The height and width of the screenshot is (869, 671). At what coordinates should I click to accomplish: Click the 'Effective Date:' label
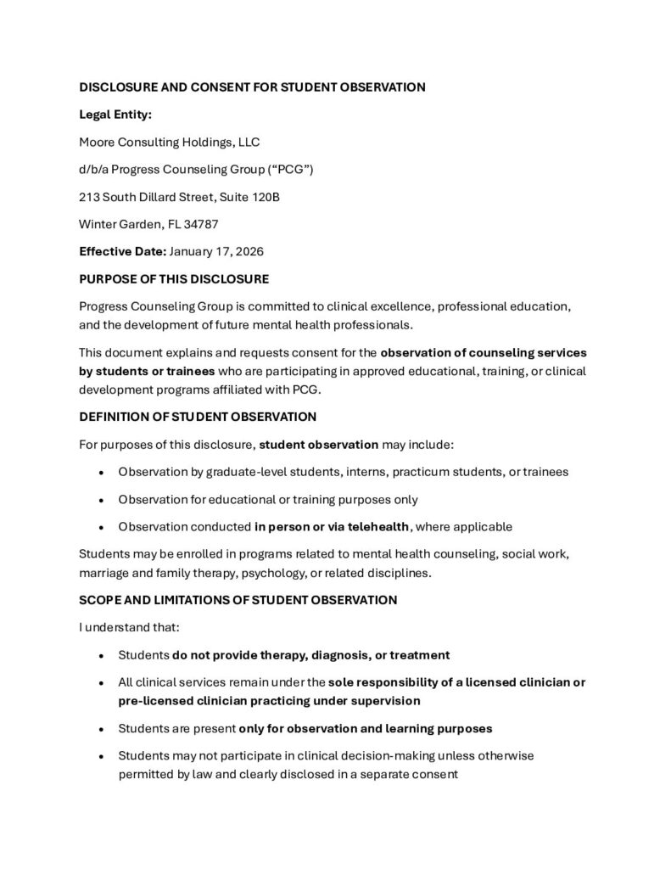(122, 251)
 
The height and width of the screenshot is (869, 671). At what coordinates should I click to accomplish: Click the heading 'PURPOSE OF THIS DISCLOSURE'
(174, 278)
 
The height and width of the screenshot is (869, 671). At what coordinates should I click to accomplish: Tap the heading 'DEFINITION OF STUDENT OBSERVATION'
(198, 417)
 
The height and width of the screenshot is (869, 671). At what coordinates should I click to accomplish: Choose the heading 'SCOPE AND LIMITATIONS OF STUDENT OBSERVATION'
(238, 600)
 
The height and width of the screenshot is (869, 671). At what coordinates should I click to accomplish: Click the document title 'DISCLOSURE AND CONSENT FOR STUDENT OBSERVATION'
(252, 87)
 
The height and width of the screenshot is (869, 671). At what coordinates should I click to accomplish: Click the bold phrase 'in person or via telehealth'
(332, 526)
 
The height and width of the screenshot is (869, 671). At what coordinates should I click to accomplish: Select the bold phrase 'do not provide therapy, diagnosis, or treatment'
(310, 655)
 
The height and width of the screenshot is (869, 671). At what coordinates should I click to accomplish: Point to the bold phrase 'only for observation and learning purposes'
(366, 728)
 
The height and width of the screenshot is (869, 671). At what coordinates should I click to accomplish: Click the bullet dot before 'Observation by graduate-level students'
(102, 472)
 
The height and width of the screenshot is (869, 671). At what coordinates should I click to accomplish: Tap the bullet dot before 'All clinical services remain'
(102, 682)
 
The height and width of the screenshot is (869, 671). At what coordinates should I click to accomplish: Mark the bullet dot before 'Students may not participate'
(102, 755)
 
